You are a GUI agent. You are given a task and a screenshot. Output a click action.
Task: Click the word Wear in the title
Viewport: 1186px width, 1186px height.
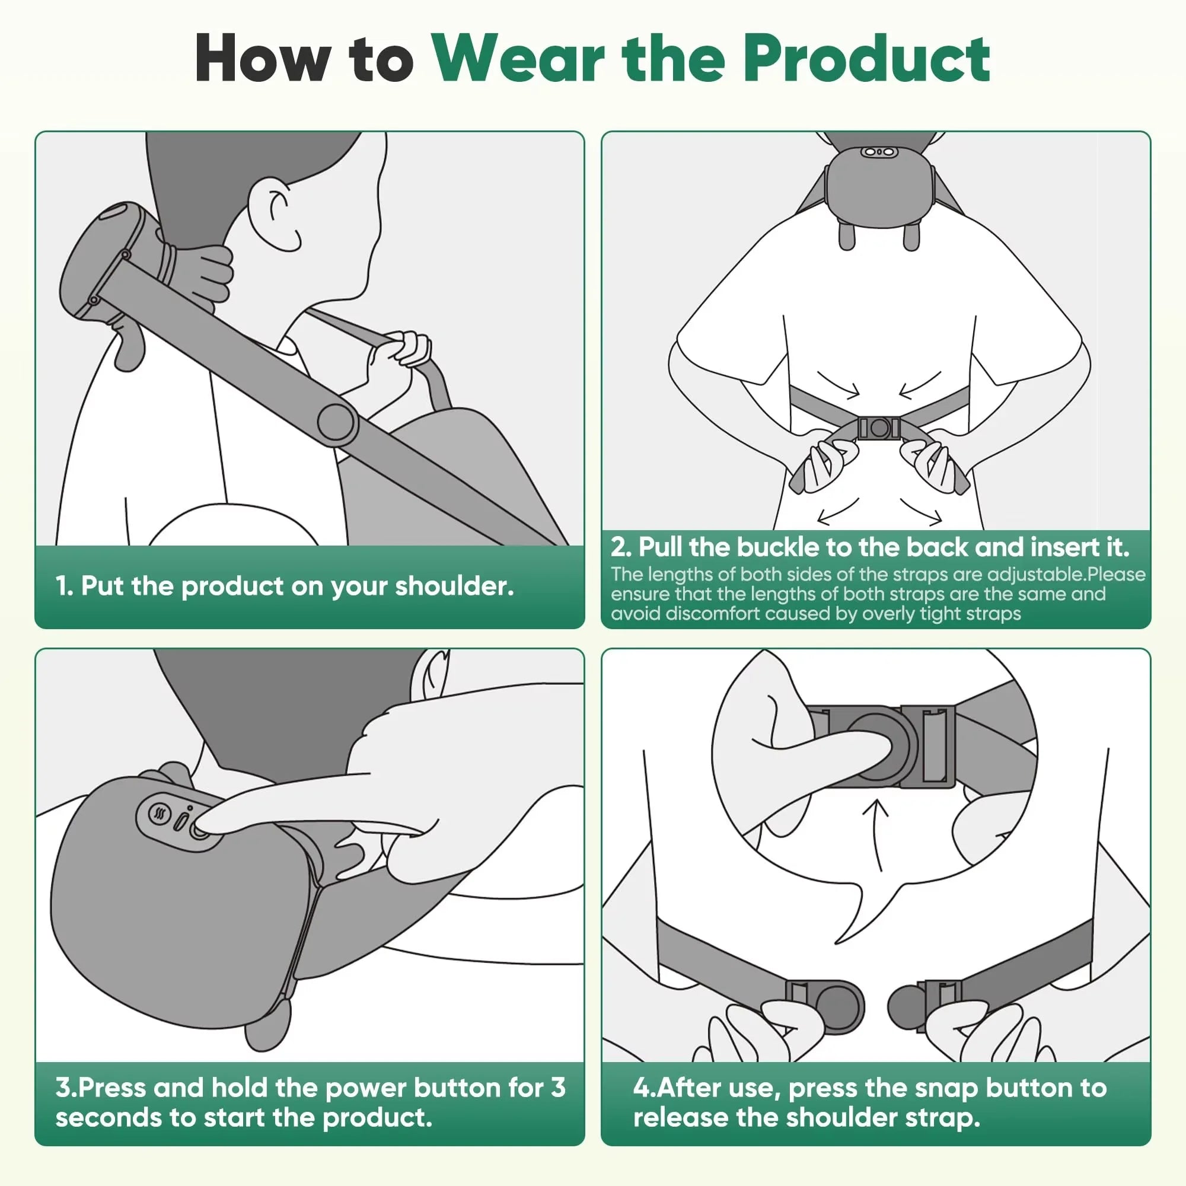tap(519, 59)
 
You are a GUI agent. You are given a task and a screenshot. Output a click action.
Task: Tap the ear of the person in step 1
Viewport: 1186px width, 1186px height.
tap(277, 214)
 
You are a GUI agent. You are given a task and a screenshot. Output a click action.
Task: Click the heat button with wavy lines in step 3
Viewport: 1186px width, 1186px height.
tap(161, 815)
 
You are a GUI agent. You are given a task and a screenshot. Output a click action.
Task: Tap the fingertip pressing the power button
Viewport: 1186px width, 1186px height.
tap(203, 827)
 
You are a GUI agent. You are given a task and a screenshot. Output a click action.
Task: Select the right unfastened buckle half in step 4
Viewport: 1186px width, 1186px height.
tap(921, 1007)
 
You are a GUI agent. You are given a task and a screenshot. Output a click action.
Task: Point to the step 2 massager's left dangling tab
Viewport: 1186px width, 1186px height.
tap(847, 237)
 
